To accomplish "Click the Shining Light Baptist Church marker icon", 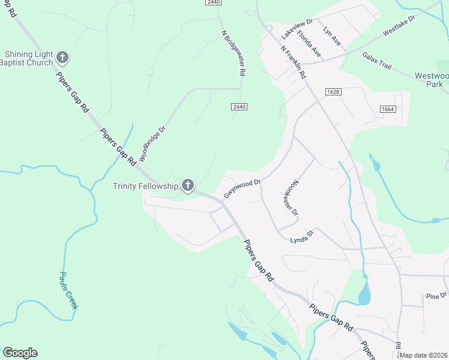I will pos(62,58).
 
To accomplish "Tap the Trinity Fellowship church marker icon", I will pos(188,186).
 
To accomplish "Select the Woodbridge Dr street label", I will pos(151,143).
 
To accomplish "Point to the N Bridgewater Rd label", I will pos(234,53).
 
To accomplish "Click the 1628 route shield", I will pos(334,92).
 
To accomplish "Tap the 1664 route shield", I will pos(387,109).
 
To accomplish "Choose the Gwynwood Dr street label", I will pos(242,188).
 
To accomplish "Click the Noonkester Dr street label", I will pos(289,196).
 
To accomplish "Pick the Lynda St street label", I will pos(303,238).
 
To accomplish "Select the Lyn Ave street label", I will pos(331,36).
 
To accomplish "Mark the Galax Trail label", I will pos(377,61).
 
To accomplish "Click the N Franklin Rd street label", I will pos(294,62).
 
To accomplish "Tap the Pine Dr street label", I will pos(436,296).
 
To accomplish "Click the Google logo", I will pos(20,353).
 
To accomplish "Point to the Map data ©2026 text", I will pos(424,355).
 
